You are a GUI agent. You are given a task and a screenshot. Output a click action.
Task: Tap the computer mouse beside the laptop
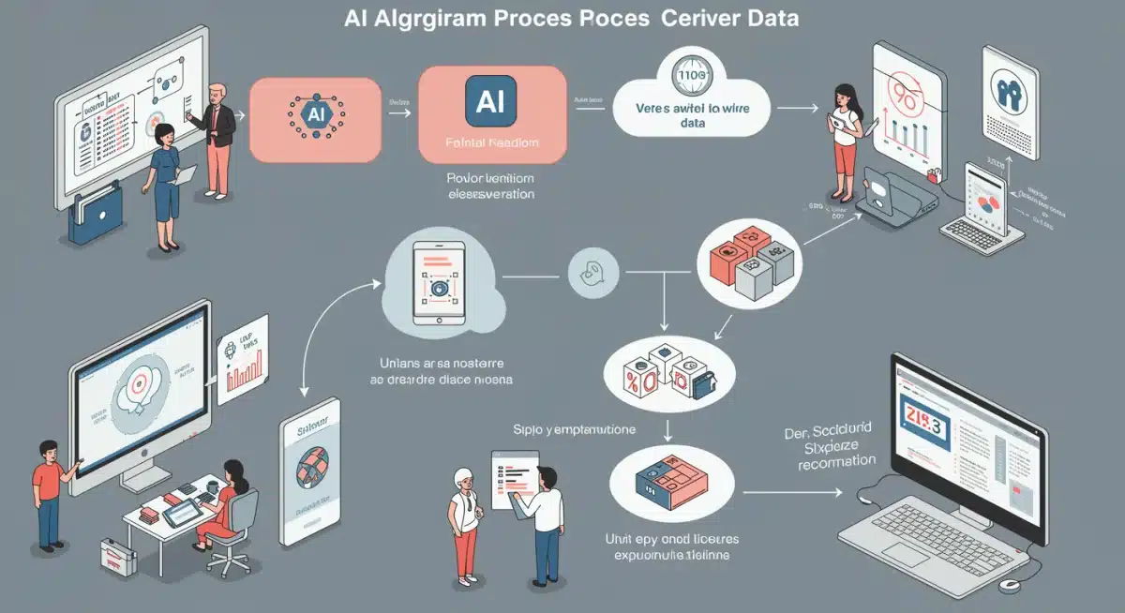1009,585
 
